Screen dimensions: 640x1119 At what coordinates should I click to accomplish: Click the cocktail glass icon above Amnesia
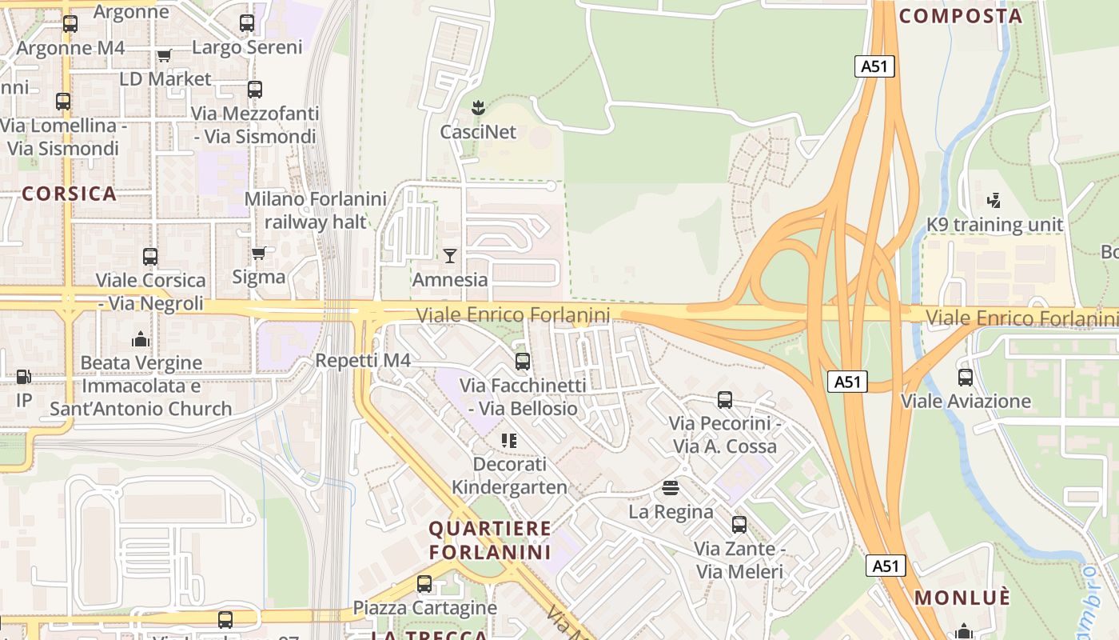point(450,256)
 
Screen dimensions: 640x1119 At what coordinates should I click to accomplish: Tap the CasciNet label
point(478,132)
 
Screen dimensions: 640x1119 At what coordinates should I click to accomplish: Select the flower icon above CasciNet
point(478,107)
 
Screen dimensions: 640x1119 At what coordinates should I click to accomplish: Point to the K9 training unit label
point(994,225)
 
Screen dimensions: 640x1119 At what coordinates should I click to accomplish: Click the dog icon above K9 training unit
point(994,200)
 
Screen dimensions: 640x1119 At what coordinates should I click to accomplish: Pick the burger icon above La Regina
point(671,487)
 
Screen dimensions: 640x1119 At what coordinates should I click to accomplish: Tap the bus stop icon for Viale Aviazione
point(966,377)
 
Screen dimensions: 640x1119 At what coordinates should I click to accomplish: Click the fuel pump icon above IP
point(24,376)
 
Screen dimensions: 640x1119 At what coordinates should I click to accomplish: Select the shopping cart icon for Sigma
point(258,254)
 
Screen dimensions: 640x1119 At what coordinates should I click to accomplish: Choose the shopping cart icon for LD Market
point(165,55)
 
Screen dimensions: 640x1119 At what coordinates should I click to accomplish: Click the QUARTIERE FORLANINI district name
point(490,540)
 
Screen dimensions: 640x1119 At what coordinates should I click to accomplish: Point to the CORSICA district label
point(70,194)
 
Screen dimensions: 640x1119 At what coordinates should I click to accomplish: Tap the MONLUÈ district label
point(962,598)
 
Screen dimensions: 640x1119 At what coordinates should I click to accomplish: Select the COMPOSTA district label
point(961,16)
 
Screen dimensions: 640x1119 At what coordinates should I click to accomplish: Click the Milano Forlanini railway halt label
point(315,210)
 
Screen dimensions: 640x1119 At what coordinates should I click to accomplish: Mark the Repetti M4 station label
point(363,360)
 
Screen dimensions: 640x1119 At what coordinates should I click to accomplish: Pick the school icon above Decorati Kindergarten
point(509,440)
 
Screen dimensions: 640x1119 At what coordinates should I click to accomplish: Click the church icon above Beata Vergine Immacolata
point(141,339)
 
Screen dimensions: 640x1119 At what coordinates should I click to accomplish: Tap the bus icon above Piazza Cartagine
point(424,584)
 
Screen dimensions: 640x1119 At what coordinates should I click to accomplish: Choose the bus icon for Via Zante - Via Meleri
point(739,525)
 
